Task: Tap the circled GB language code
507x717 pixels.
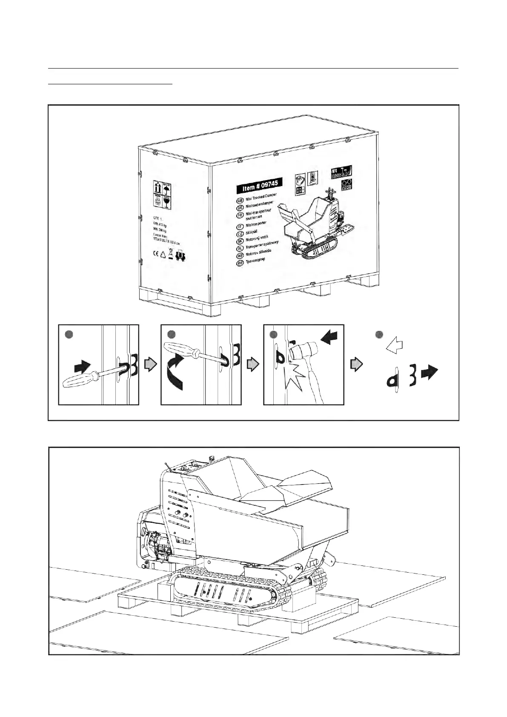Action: pos(240,200)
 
